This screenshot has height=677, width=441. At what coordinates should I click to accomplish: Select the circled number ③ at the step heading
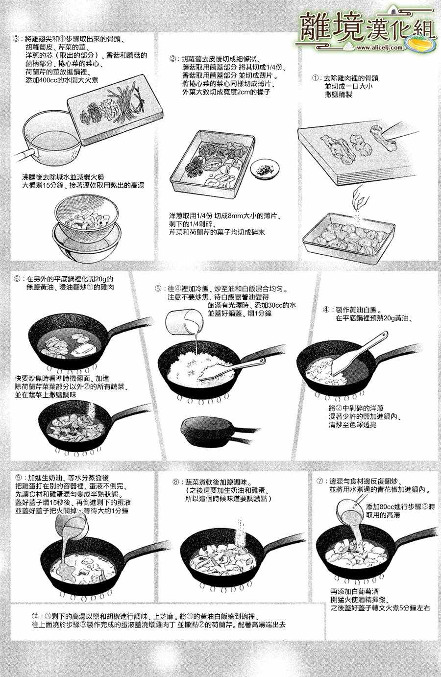click(x=17, y=40)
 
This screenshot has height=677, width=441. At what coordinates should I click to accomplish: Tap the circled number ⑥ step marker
click(x=17, y=279)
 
